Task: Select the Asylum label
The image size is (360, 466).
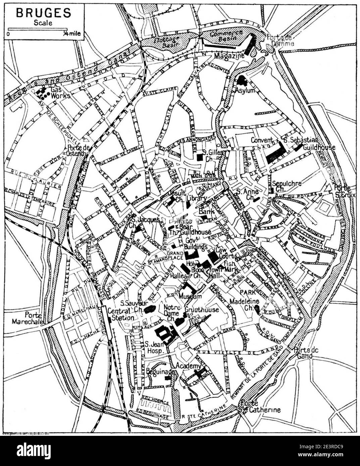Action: [245, 91]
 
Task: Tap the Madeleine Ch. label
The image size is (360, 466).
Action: [244, 304]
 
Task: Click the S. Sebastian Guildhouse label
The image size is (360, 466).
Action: [300, 143]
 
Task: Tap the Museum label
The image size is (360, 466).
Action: [190, 296]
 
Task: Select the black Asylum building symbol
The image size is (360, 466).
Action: [242, 80]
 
